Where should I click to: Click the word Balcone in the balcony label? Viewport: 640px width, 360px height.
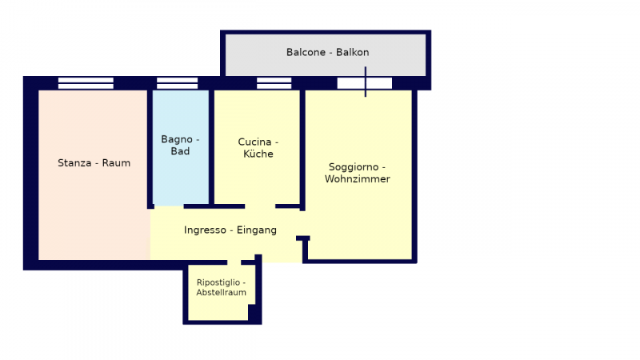pos(306,52)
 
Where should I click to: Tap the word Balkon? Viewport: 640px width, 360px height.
pos(353,52)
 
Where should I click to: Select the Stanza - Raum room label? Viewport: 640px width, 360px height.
pos(94,163)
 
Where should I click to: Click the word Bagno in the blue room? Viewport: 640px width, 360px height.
pos(177,139)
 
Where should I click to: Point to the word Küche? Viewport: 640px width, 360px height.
pos(258,154)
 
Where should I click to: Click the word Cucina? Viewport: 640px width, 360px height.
pos(254,142)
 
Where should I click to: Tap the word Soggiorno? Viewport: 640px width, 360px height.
pos(354,167)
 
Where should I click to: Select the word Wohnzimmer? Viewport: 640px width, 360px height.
pos(358,178)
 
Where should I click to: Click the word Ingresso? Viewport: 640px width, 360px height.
pos(205,230)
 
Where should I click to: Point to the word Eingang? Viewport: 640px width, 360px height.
pos(257,230)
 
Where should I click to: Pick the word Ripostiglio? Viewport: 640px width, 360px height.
pos(218,282)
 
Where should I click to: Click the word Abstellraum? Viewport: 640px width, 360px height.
pos(222,292)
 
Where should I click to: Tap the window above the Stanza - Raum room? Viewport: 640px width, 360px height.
pos(86,83)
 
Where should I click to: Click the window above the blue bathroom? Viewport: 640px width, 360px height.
pos(177,83)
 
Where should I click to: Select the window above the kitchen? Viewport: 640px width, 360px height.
pos(274,83)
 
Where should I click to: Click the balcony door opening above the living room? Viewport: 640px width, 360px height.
pos(365,83)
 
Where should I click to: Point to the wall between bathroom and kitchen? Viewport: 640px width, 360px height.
pos(211,147)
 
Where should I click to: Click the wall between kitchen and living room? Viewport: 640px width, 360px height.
pos(302,150)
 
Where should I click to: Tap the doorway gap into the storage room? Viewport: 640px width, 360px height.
pos(234,262)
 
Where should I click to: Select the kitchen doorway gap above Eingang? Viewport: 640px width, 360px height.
pos(260,206)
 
